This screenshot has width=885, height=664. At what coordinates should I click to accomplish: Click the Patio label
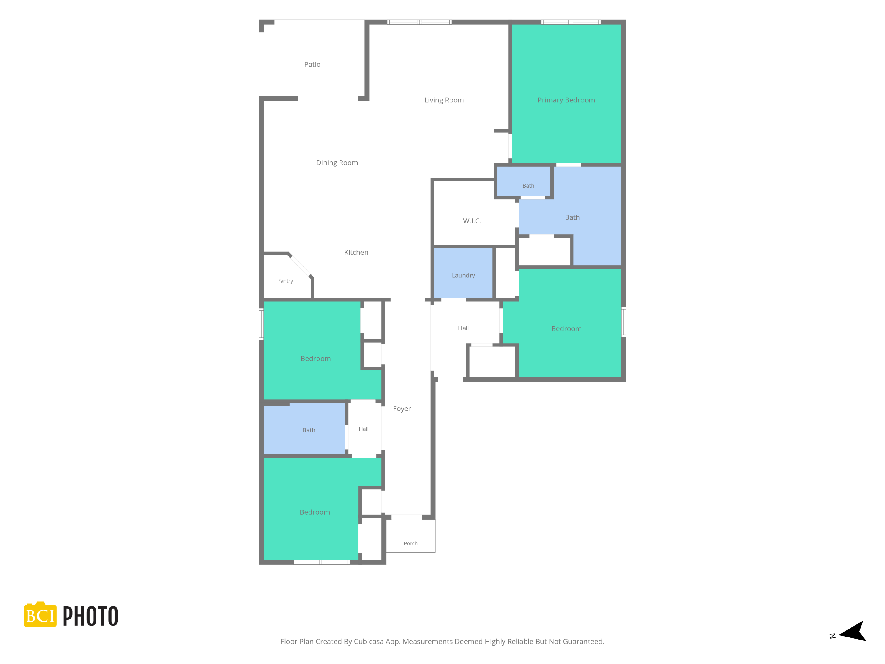[312, 64]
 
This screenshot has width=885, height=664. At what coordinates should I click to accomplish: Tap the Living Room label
[444, 100]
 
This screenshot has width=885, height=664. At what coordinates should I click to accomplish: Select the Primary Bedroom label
[566, 100]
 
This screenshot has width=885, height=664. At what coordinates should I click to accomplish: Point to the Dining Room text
[337, 163]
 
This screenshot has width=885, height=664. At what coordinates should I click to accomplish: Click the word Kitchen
[356, 252]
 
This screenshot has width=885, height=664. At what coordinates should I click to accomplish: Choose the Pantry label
[285, 281]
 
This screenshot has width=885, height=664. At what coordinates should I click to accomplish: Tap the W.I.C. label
[472, 221]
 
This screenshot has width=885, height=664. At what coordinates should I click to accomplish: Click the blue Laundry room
[463, 273]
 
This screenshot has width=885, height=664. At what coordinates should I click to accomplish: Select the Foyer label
[402, 409]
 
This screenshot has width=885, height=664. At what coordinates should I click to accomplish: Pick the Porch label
[411, 544]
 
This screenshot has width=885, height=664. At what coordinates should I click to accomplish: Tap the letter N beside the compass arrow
[832, 636]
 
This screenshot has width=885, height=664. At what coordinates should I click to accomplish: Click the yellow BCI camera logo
[40, 614]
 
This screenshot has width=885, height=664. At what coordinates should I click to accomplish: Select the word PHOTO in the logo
[91, 616]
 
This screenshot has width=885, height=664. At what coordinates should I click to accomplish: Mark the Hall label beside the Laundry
[463, 328]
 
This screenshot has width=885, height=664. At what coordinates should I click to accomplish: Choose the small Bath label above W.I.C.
[528, 186]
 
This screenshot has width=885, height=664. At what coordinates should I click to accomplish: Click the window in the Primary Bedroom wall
[571, 22]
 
